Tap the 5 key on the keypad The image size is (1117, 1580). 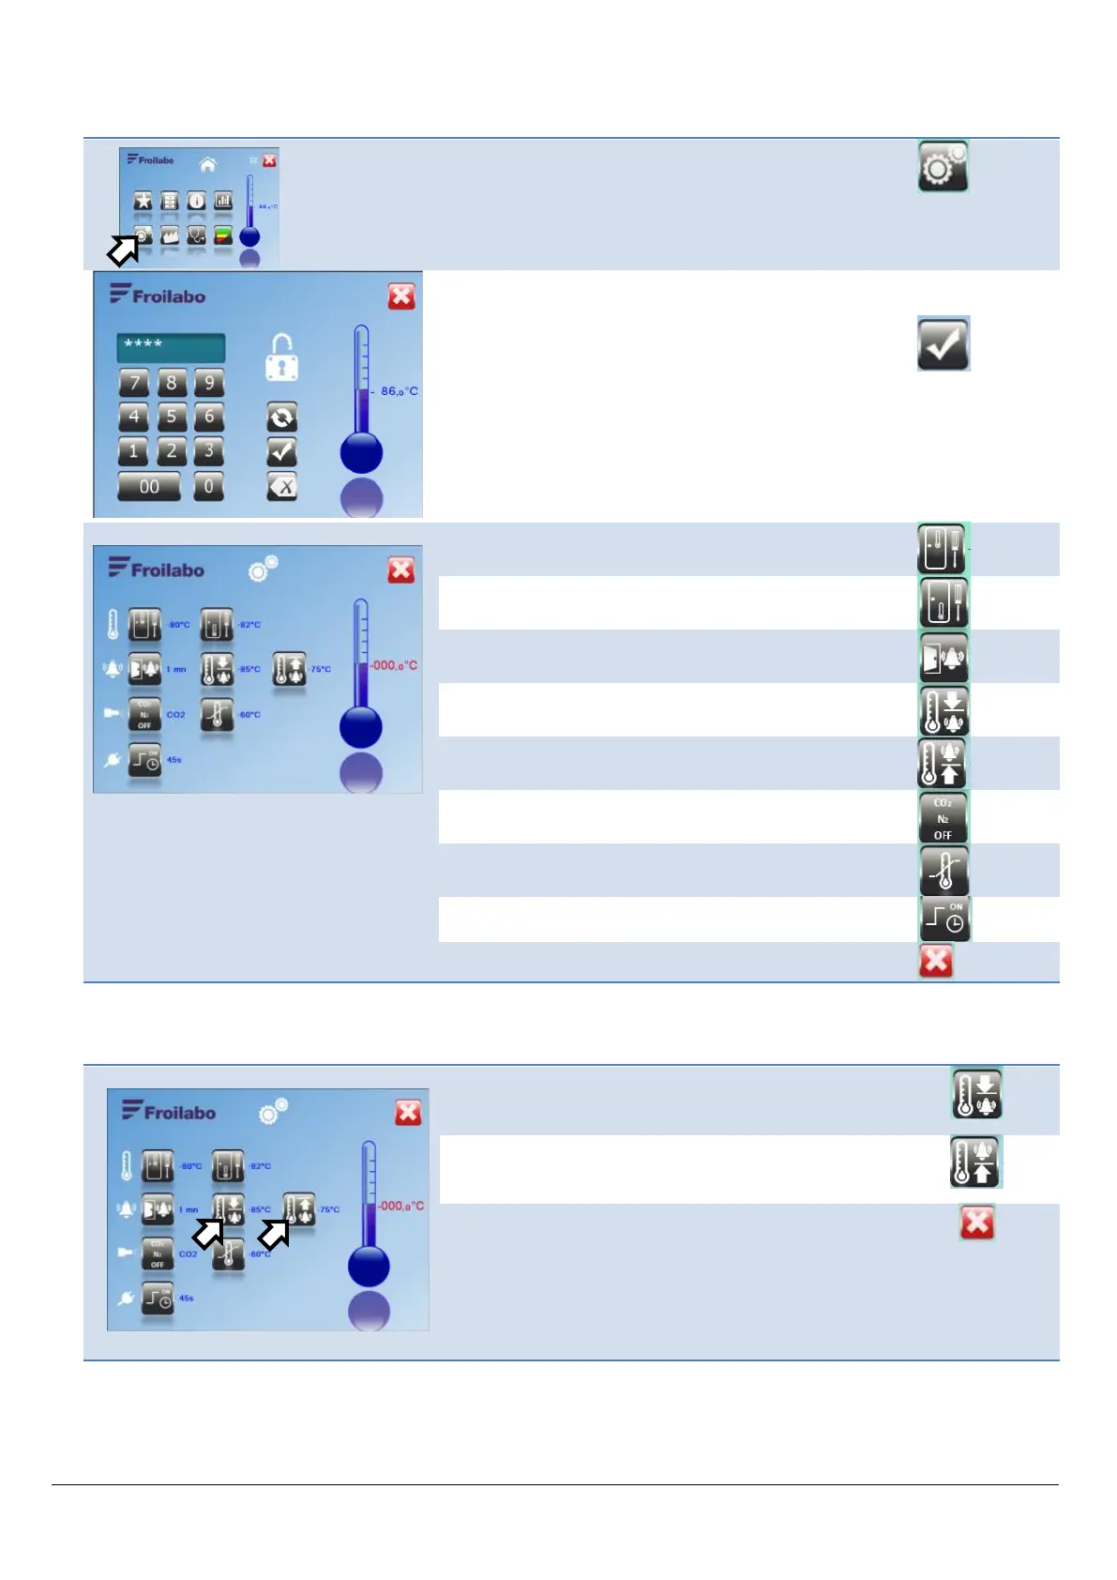point(172,417)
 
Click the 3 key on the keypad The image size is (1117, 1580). point(209,451)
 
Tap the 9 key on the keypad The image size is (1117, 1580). point(209,382)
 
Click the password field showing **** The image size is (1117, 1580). point(171,347)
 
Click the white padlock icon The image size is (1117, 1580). point(281,358)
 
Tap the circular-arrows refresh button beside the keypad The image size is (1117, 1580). point(281,418)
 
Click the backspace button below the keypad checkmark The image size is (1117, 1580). point(281,486)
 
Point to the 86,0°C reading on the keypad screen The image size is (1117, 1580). point(399,391)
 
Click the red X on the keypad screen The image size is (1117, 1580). point(401,296)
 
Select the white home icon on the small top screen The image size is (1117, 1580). point(208,164)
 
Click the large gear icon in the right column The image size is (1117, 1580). point(943,167)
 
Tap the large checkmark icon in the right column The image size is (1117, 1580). point(943,343)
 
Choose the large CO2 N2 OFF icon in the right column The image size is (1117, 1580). point(943,818)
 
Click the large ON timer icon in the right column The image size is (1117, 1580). point(944,919)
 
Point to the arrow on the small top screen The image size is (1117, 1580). point(124,249)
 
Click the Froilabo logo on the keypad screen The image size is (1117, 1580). point(158,296)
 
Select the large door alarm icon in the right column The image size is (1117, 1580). point(943,658)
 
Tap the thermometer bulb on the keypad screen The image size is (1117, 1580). point(361,453)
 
